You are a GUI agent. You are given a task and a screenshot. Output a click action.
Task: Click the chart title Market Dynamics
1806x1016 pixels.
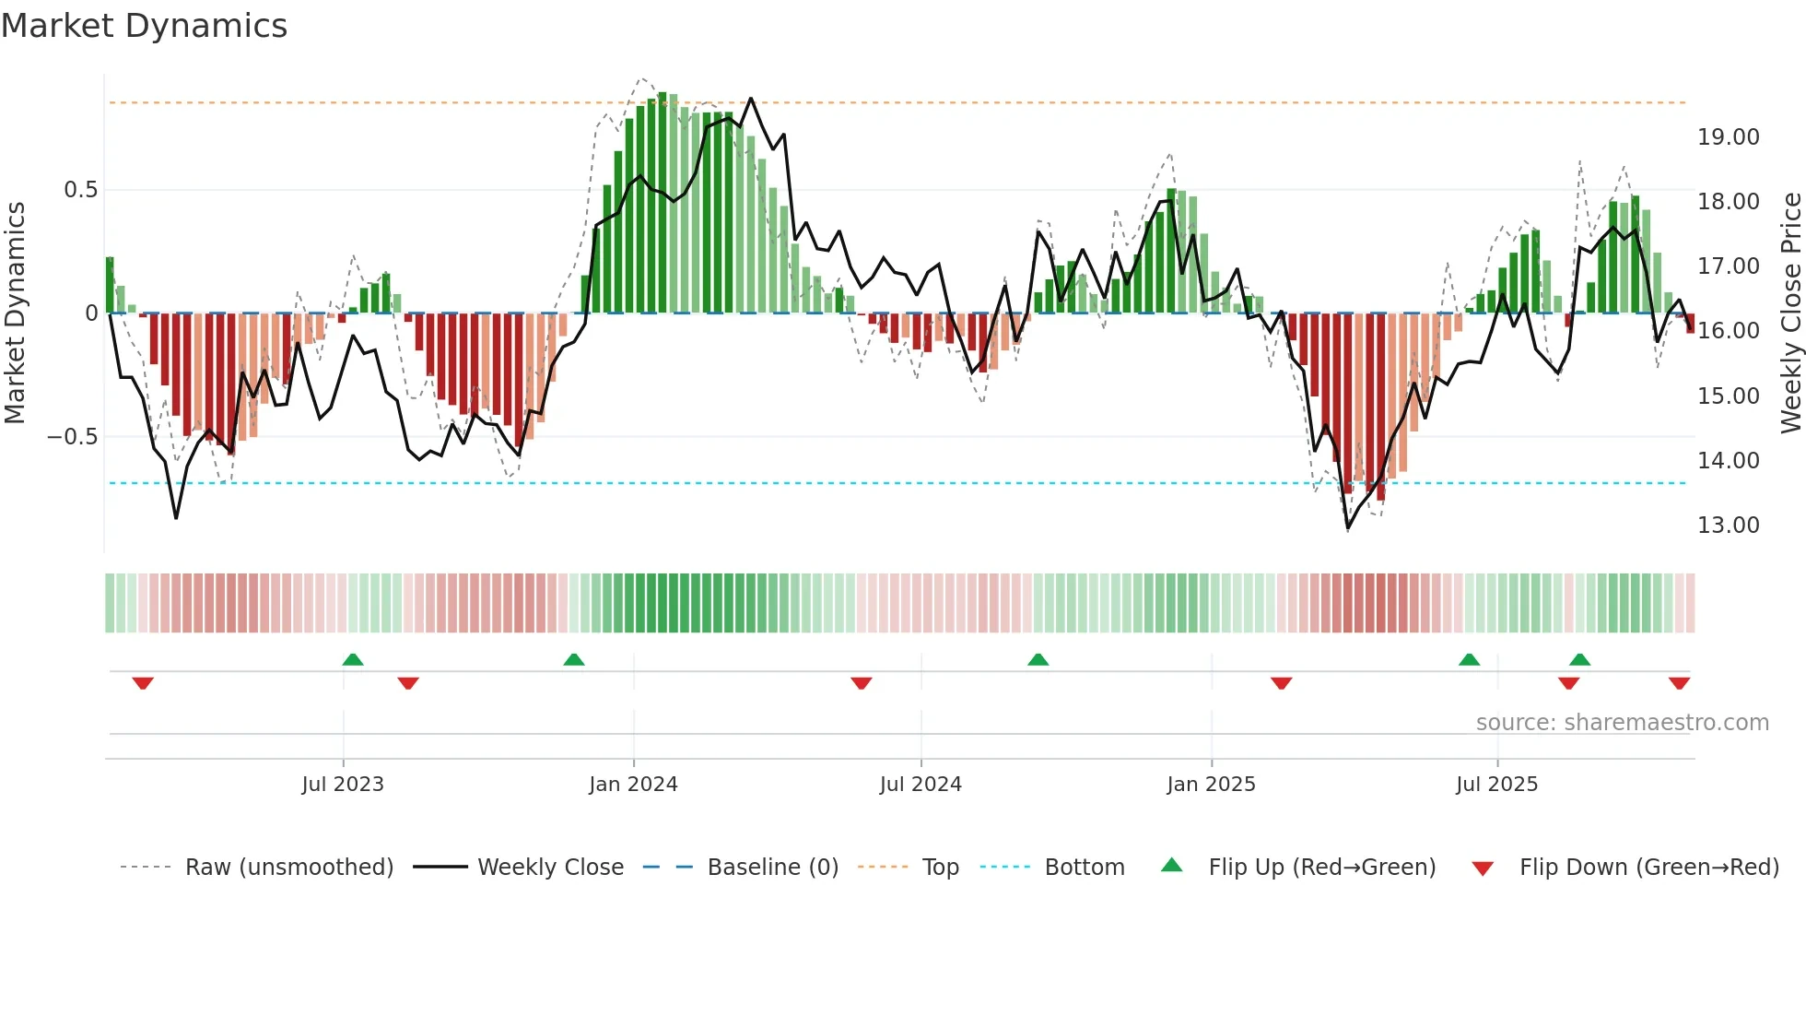click(x=145, y=26)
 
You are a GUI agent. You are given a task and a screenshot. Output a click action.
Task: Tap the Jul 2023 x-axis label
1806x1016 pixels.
click(x=342, y=785)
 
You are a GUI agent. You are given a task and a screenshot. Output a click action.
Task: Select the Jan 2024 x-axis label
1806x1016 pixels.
click(x=633, y=785)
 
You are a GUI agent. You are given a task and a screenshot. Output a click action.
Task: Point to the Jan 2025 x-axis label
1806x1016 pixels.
click(x=1211, y=785)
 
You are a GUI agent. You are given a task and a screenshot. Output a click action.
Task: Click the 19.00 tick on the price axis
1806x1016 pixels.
click(x=1728, y=137)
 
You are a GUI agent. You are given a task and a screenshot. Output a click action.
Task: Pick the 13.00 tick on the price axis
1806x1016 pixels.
click(x=1728, y=526)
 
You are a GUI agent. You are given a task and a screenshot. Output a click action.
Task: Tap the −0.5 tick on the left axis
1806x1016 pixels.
click(x=72, y=437)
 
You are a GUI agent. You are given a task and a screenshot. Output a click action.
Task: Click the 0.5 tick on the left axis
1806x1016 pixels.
click(x=80, y=190)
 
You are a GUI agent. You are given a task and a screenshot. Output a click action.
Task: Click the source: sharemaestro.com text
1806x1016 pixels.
click(x=1622, y=723)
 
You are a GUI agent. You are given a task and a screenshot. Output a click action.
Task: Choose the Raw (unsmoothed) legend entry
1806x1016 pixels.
click(x=288, y=868)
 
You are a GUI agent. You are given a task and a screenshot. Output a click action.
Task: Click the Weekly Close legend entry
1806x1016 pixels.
click(x=550, y=868)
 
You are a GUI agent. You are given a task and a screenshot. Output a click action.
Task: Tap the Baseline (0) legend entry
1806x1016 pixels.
click(x=772, y=868)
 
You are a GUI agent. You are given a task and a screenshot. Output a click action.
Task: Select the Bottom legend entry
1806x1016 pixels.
click(x=1084, y=868)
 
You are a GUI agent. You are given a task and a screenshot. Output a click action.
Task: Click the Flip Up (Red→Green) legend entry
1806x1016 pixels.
click(x=1321, y=868)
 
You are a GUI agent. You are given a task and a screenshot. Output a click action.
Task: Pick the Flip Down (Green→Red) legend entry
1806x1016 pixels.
click(x=1648, y=868)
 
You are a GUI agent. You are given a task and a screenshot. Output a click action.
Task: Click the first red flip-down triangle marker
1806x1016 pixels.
click(x=143, y=683)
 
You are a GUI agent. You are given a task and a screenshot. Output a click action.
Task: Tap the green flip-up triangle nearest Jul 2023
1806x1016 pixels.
click(x=352, y=659)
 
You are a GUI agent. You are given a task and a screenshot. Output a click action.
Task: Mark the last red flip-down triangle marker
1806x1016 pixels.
click(x=1679, y=683)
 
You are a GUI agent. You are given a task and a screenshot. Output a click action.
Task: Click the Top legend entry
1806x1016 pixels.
click(x=940, y=868)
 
